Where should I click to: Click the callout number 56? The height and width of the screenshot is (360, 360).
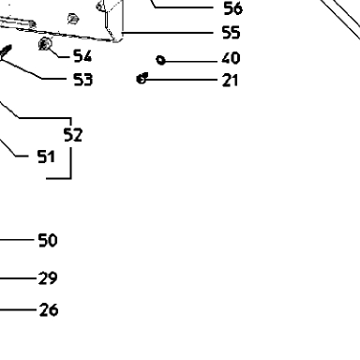(x=232, y=8)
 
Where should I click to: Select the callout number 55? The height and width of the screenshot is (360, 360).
(x=231, y=33)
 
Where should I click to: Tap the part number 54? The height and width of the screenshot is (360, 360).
(x=82, y=56)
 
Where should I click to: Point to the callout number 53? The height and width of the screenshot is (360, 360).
(x=82, y=80)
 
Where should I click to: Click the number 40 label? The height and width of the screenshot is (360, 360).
(x=231, y=58)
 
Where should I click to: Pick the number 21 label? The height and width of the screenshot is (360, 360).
(x=230, y=81)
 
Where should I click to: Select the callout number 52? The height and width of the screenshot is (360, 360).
(x=73, y=135)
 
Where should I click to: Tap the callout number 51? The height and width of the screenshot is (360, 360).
(x=46, y=157)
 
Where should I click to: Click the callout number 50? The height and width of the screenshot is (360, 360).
(x=48, y=240)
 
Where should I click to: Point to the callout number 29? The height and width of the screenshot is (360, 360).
(x=48, y=278)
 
